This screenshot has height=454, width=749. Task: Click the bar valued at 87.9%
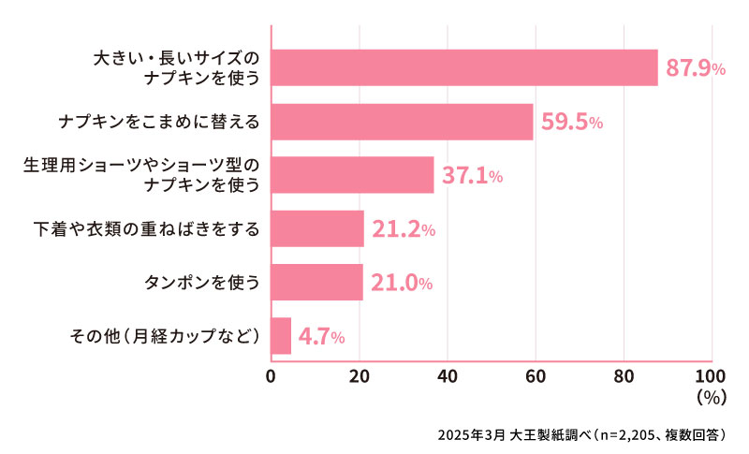(x=463, y=67)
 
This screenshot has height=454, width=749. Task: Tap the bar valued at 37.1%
(x=352, y=175)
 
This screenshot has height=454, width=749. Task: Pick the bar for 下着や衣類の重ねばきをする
(x=316, y=228)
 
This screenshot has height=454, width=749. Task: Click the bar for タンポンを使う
(x=316, y=282)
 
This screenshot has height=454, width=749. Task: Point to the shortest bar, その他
(x=281, y=335)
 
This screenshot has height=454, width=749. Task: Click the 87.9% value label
(x=695, y=68)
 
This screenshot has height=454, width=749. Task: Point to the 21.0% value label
(x=402, y=283)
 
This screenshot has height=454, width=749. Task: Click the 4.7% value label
(x=322, y=336)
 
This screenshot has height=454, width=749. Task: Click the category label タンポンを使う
(x=201, y=282)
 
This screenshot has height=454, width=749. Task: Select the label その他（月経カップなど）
(x=166, y=335)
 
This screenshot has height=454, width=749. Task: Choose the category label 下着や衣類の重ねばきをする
(x=147, y=228)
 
